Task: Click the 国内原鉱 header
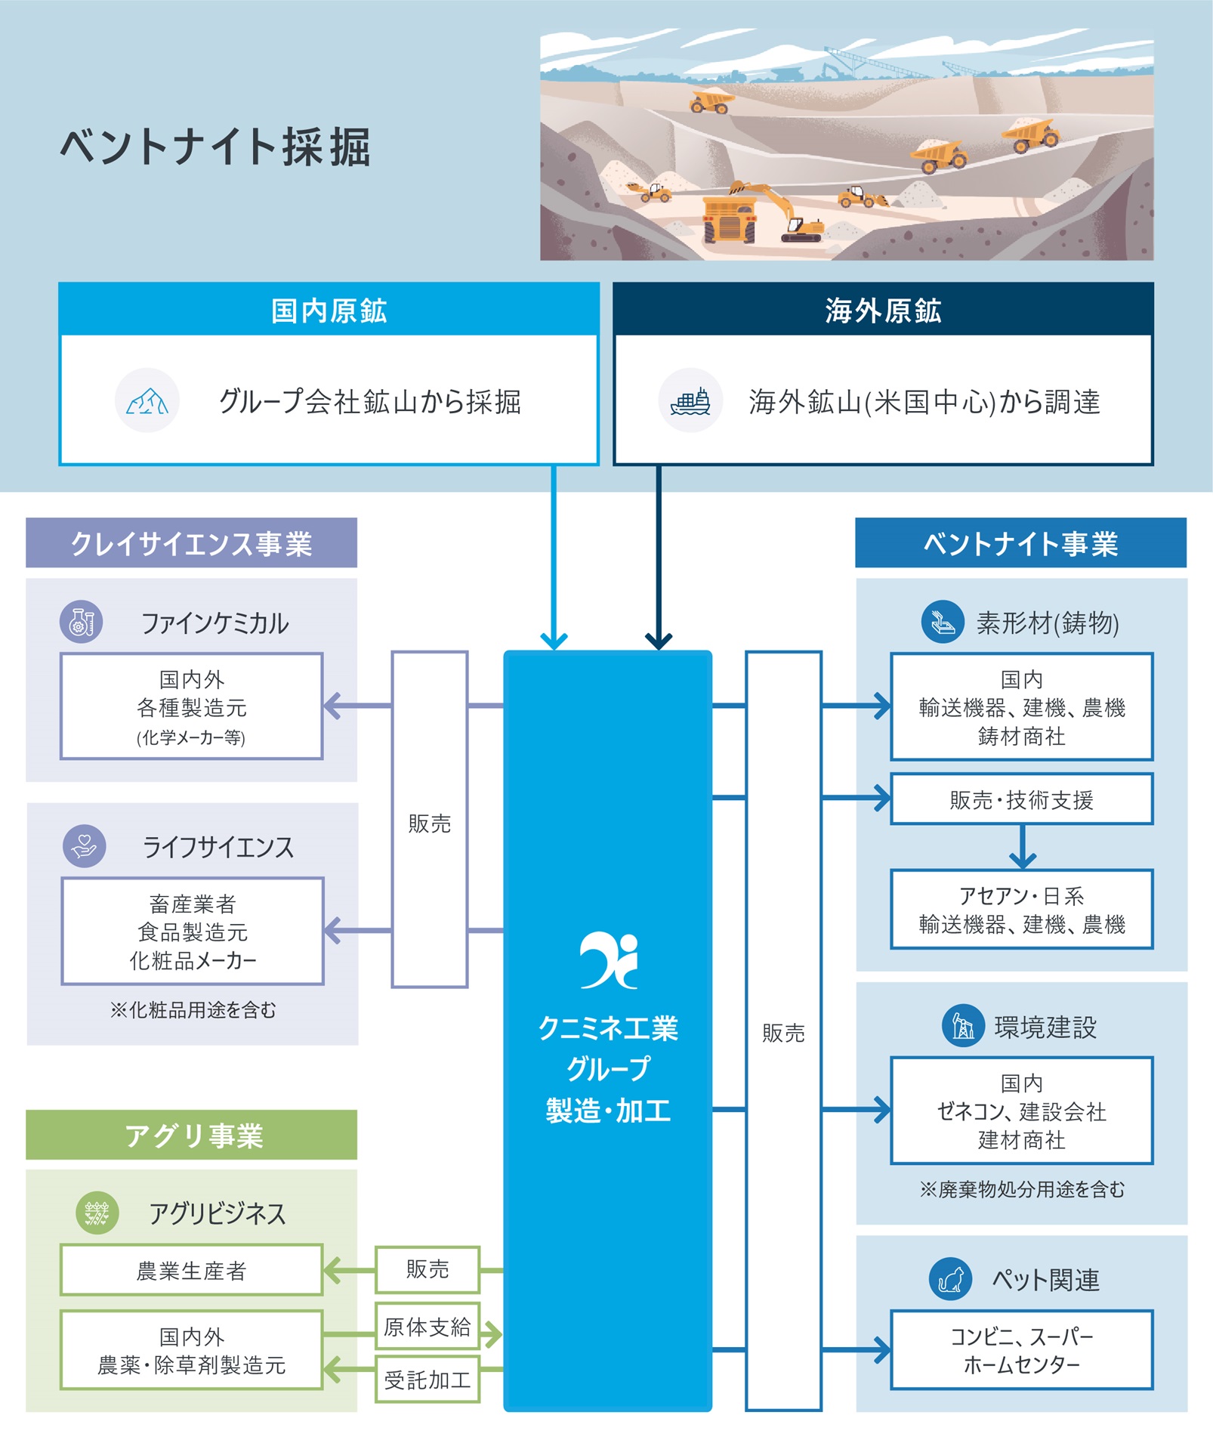[329, 311]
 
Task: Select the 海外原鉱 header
[882, 311]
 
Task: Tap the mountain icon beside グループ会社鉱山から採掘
[147, 400]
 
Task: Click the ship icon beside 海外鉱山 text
[690, 400]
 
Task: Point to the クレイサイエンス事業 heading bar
[191, 543]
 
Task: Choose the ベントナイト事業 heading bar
[1020, 543]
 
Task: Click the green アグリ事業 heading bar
[191, 1135]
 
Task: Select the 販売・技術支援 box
[1021, 799]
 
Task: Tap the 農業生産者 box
[191, 1271]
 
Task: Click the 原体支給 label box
[427, 1327]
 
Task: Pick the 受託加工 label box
[427, 1380]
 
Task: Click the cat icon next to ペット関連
[950, 1279]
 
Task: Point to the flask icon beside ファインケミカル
[81, 622]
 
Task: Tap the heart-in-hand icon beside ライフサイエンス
[84, 845]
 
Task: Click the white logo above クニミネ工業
[609, 960]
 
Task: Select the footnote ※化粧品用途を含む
[193, 1010]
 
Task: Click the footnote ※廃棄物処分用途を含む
[1021, 1190]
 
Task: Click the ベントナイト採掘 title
[215, 147]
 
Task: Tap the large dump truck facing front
[729, 219]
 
